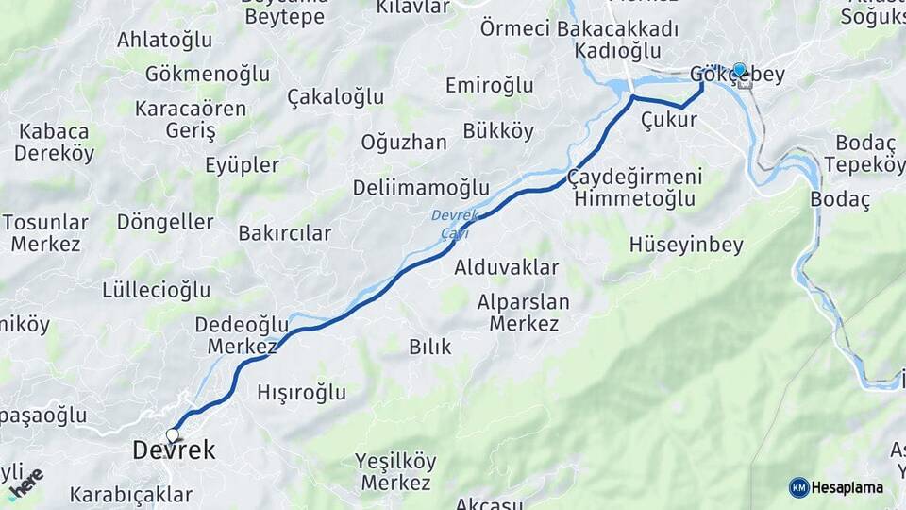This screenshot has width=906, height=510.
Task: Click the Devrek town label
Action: pyautogui.click(x=174, y=451)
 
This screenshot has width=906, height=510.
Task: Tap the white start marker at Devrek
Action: pyautogui.click(x=173, y=435)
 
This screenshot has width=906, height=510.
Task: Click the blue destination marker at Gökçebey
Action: pyautogui.click(x=740, y=70)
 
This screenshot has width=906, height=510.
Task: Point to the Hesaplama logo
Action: pyautogui.click(x=836, y=487)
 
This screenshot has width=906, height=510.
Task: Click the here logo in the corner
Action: pyautogui.click(x=25, y=484)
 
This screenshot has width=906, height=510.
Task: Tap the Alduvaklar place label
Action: pyautogui.click(x=507, y=267)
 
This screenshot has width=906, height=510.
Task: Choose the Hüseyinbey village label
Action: pyautogui.click(x=686, y=245)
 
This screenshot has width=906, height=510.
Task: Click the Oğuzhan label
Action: pyautogui.click(x=403, y=143)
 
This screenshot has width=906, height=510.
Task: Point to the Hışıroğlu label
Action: pyautogui.click(x=301, y=392)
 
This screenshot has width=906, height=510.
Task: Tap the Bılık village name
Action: pyautogui.click(x=429, y=347)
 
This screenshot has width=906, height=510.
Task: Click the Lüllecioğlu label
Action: pyautogui.click(x=156, y=289)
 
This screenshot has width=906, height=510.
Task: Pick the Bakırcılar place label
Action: pyautogui.click(x=285, y=232)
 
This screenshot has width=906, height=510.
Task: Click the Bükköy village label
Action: pyautogui.click(x=498, y=130)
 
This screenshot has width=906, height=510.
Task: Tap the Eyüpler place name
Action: pyautogui.click(x=242, y=165)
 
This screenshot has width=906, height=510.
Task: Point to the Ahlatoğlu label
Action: pyautogui.click(x=163, y=40)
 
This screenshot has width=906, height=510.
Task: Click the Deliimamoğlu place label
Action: pyautogui.click(x=421, y=187)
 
